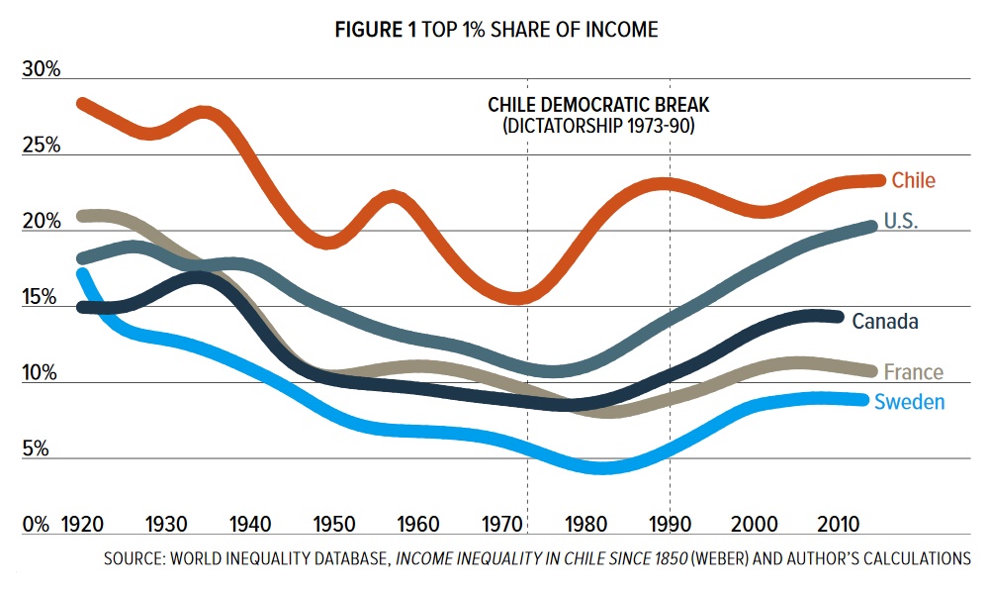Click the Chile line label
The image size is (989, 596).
point(913,180)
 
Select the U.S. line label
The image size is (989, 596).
point(900,222)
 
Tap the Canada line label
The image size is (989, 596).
point(885,322)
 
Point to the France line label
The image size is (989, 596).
point(913,372)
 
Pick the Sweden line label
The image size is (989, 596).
point(909,402)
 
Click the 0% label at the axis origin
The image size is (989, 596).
point(36,524)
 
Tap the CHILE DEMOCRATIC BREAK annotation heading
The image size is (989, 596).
point(599,105)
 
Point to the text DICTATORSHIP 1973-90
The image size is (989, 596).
point(599,127)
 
